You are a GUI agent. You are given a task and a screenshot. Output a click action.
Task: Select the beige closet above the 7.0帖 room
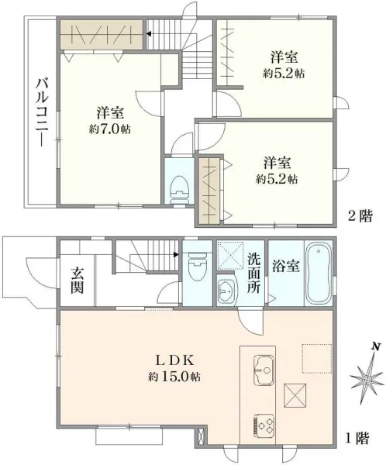click(100, 36)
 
